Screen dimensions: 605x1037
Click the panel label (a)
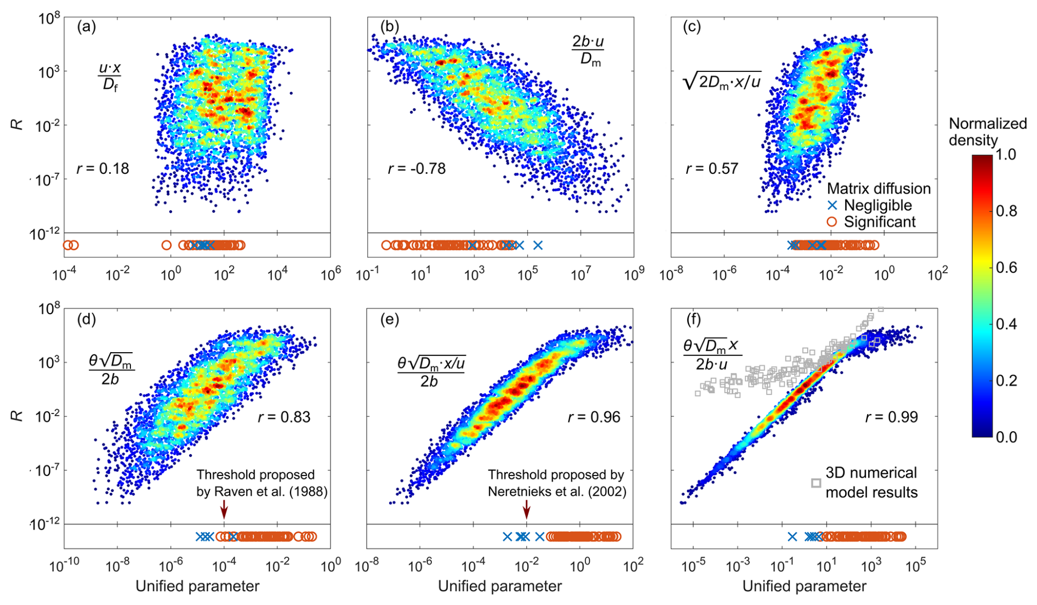pyautogui.click(x=87, y=27)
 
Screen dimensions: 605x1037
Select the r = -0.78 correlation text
pyautogui.click(x=417, y=168)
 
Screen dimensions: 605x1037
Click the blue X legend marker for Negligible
pyautogui.click(x=833, y=206)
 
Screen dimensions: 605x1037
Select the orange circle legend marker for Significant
pyautogui.click(x=833, y=222)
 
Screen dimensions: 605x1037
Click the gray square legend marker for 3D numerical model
pyautogui.click(x=816, y=483)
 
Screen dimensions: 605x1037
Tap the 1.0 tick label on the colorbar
pyautogui.click(x=1005, y=155)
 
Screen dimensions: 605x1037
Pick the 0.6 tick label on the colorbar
pyautogui.click(x=1005, y=268)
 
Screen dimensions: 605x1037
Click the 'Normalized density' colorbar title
pyautogui.click(x=988, y=132)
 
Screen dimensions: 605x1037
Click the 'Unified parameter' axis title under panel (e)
pyautogui.click(x=499, y=586)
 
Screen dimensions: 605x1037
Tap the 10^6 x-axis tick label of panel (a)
pyautogui.click(x=329, y=274)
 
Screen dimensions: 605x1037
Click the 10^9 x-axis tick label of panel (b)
pyautogui.click(x=633, y=274)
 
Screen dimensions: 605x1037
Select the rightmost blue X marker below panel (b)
pyautogui.click(x=538, y=245)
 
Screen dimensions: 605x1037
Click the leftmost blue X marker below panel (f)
pyautogui.click(x=792, y=536)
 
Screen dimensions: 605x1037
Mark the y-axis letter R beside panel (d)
pyautogui.click(x=19, y=415)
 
